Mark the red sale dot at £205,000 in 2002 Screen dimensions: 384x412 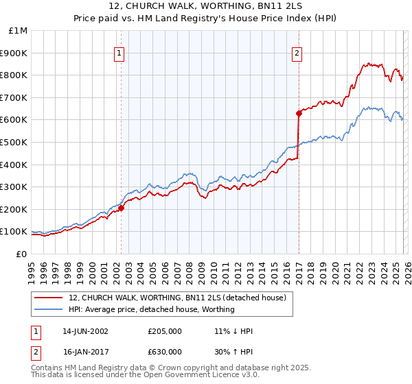[122, 208]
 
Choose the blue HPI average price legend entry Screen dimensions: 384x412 [151, 309]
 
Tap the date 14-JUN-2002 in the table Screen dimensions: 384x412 [85, 331]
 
